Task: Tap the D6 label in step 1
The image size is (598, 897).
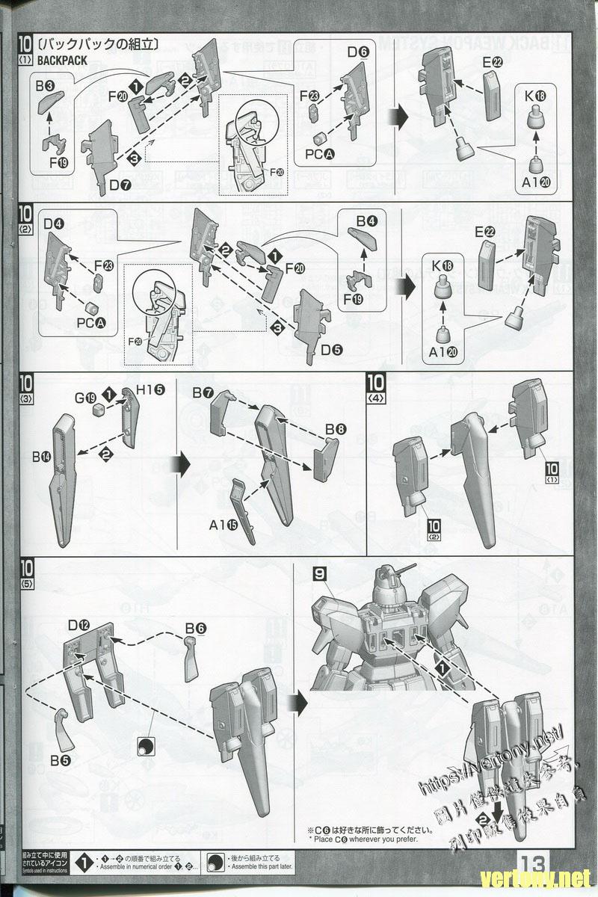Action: pyautogui.click(x=358, y=53)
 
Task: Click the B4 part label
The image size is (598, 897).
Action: pyautogui.click(x=366, y=222)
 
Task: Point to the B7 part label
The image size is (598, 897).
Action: pyautogui.click(x=203, y=393)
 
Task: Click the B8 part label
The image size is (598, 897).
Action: pyautogui.click(x=336, y=430)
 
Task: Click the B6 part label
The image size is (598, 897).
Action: pyautogui.click(x=195, y=629)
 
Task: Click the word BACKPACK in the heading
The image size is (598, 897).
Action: pyautogui.click(x=62, y=61)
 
